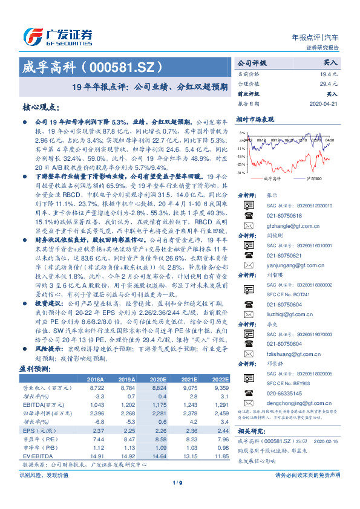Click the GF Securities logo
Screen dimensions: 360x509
[58, 34]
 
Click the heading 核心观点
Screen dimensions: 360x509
[41, 108]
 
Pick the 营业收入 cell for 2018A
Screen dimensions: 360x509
[97, 388]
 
